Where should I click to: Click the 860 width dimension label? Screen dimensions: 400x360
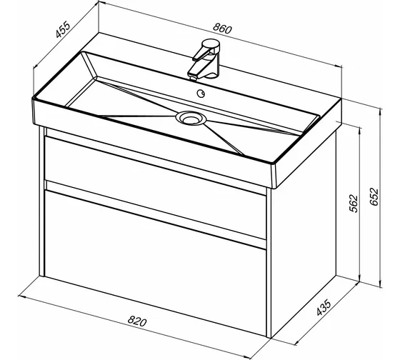[x=222, y=28]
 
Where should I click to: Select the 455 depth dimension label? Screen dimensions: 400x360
[x=63, y=30]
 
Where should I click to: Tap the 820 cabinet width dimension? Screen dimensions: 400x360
[x=137, y=321]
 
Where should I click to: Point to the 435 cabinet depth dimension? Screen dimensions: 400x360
[x=324, y=307]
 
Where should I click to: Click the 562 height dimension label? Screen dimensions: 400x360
[x=354, y=204]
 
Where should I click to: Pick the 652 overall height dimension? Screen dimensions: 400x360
[x=374, y=196]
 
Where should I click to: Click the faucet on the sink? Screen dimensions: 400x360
[x=205, y=59]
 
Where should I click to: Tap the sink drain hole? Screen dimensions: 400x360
[x=191, y=119]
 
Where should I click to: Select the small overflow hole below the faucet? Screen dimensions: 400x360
[x=201, y=94]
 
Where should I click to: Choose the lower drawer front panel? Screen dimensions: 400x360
[x=155, y=263]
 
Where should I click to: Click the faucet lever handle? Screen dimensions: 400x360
[x=206, y=50]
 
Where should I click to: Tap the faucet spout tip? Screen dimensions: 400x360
[x=193, y=77]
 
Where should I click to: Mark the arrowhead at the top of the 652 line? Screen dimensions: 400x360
[x=381, y=111]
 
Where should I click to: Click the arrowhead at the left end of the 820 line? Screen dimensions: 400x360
[x=21, y=296]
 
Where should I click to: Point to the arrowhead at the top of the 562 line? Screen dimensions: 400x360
[x=360, y=129]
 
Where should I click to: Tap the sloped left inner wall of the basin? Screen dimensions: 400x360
[x=89, y=64]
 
